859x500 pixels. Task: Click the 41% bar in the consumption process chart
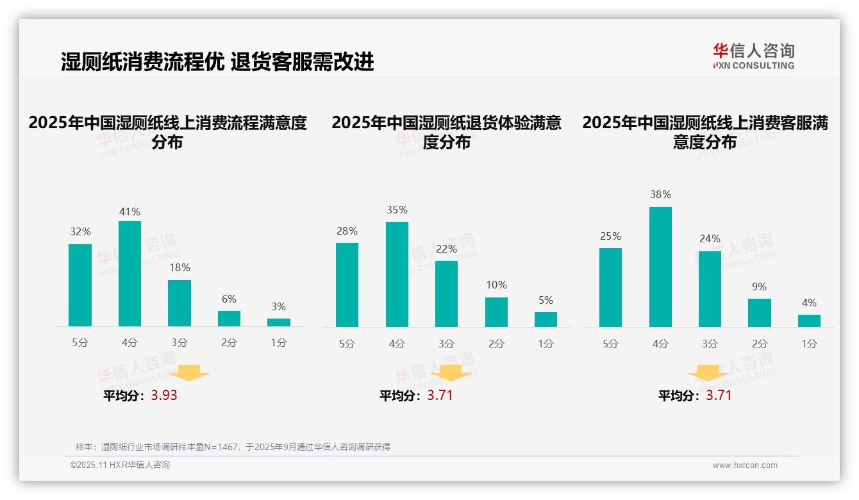(x=129, y=274)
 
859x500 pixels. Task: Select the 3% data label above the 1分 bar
(x=278, y=307)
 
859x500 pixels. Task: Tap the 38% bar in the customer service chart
(x=660, y=267)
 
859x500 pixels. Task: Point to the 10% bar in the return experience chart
(x=496, y=312)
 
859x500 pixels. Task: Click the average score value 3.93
(x=164, y=396)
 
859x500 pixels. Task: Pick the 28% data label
(x=347, y=231)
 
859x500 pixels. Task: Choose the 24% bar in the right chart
(x=710, y=289)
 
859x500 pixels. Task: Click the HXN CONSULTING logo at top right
(x=753, y=56)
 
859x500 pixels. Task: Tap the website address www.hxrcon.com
(x=744, y=465)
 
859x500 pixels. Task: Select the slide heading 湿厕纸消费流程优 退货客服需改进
(x=217, y=62)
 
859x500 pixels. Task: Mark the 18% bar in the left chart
(x=179, y=303)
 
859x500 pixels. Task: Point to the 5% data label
(x=546, y=301)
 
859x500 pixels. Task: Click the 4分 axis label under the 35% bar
(x=397, y=344)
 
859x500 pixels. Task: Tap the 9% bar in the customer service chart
(x=759, y=313)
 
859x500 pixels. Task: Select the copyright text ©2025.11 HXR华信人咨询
(x=120, y=465)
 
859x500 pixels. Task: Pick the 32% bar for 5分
(x=80, y=285)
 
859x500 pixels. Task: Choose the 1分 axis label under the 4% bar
(x=809, y=344)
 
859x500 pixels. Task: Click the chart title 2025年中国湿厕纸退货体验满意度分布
(x=446, y=132)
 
